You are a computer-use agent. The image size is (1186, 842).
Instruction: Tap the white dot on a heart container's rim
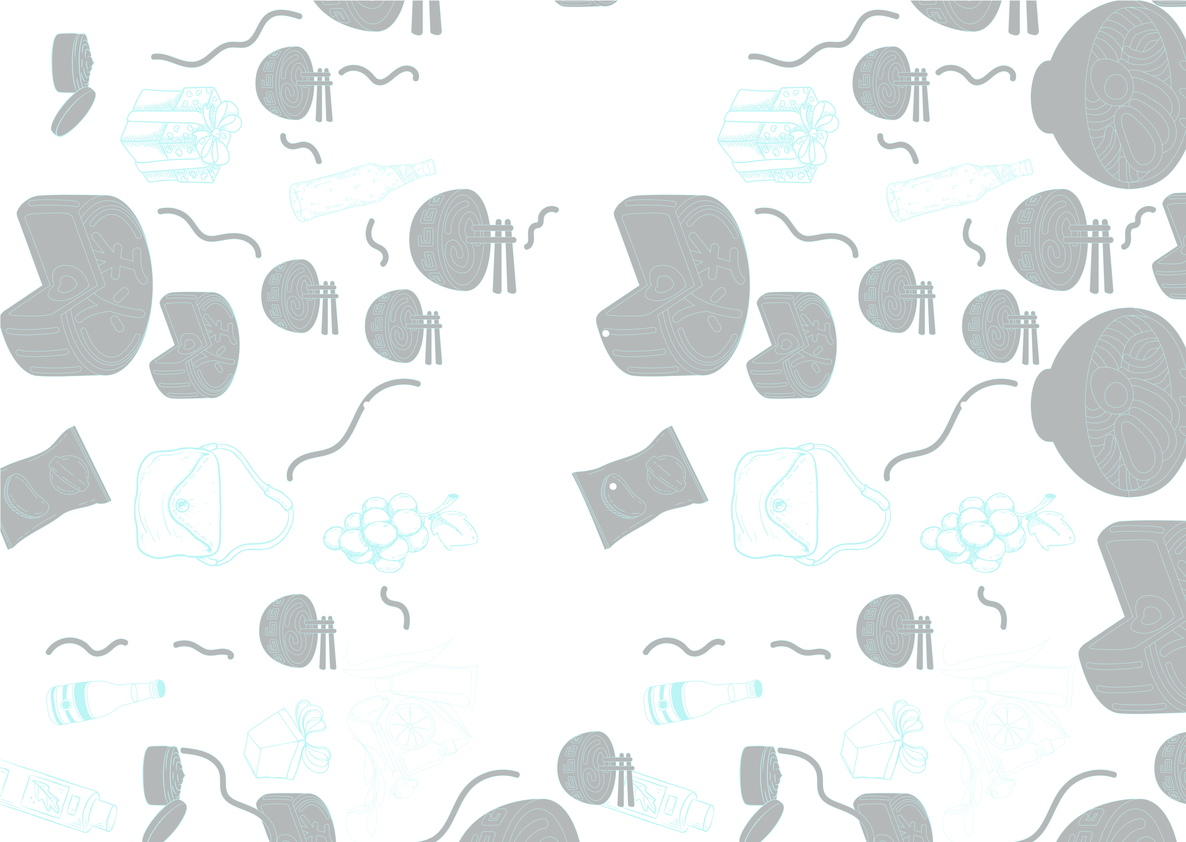tap(605, 333)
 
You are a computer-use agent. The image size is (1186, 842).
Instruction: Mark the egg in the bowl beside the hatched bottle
tap(1115, 86)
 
